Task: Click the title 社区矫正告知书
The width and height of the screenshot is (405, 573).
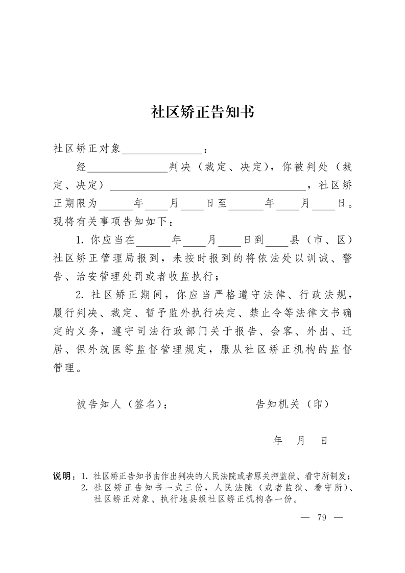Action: (x=202, y=112)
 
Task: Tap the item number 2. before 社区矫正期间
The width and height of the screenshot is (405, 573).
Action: (x=80, y=295)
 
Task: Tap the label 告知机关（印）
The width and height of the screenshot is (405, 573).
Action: (x=292, y=404)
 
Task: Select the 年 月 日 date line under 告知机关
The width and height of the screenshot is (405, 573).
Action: (x=300, y=440)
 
